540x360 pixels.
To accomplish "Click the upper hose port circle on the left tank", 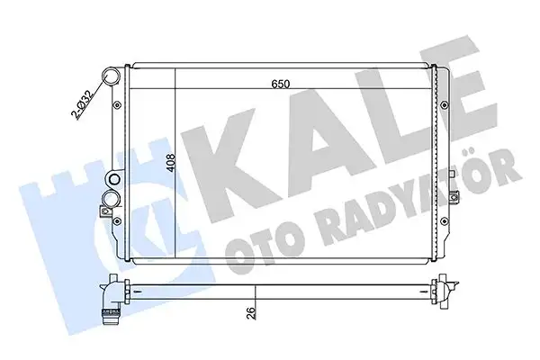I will coord(112,76).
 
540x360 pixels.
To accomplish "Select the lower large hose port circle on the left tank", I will coord(113,198).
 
